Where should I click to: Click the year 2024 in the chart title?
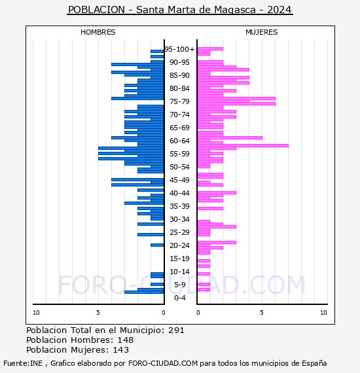(279, 10)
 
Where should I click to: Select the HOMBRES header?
(98, 32)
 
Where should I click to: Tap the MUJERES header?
(262, 32)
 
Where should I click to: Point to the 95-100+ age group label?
(179, 49)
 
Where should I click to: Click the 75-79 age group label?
(179, 101)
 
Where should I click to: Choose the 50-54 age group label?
(179, 167)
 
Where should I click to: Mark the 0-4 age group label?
(180, 298)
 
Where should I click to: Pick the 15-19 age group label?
(179, 258)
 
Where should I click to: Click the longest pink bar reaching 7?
(243, 145)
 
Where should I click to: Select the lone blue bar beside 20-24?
(157, 245)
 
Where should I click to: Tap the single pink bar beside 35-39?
(210, 208)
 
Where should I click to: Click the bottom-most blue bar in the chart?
(144, 292)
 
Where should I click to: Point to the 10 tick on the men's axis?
(36, 313)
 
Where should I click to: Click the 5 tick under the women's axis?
(262, 313)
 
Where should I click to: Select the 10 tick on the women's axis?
(323, 313)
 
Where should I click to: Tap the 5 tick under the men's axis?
(98, 313)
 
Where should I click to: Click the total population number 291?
(176, 330)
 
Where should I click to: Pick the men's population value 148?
(126, 340)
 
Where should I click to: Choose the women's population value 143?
(121, 349)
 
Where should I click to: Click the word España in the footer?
(314, 363)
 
